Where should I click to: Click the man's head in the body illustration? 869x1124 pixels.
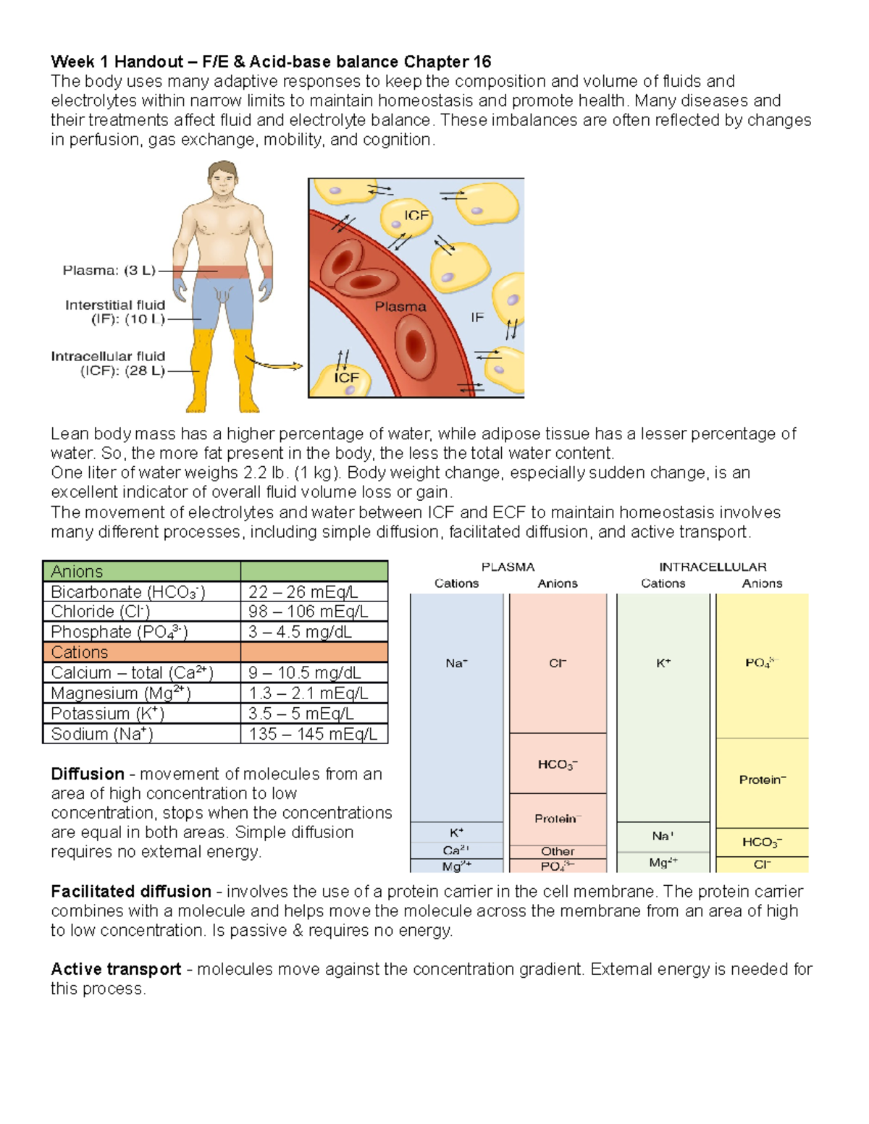(x=222, y=179)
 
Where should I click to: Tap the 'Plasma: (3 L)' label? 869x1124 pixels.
(x=109, y=271)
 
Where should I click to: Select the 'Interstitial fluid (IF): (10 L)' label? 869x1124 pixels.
(x=115, y=312)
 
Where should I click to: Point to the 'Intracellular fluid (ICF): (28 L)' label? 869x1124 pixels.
(x=108, y=363)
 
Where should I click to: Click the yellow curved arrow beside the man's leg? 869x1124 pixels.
(x=274, y=364)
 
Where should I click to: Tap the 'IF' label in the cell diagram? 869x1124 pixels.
(x=477, y=317)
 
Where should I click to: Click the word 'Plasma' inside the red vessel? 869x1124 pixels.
(x=400, y=307)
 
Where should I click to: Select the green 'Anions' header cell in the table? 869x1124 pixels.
(x=141, y=571)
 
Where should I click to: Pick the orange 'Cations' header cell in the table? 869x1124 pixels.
(x=141, y=652)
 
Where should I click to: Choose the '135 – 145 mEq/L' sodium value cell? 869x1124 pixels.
(x=313, y=734)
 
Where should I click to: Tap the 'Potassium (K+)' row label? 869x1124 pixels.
(x=108, y=714)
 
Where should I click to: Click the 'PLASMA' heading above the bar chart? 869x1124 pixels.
(x=508, y=567)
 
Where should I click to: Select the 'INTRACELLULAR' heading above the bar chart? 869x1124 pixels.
(x=713, y=567)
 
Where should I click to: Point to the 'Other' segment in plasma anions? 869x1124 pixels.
(x=558, y=852)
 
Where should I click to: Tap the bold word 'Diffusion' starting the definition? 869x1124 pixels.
(x=88, y=774)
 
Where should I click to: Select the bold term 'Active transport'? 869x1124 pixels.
(x=116, y=969)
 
